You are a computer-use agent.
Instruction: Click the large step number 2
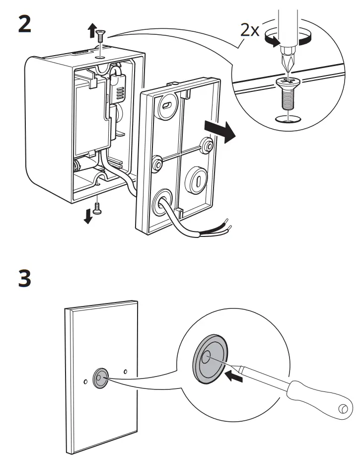(x=25, y=24)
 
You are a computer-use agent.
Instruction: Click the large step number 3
(x=25, y=278)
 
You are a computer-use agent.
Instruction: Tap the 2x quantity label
(x=250, y=30)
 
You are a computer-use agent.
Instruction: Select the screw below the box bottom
(x=97, y=209)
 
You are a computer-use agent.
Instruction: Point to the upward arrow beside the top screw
(x=92, y=31)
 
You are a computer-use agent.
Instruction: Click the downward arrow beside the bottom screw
(x=88, y=216)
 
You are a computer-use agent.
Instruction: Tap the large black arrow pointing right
(x=220, y=132)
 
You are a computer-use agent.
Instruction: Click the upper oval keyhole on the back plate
(x=167, y=106)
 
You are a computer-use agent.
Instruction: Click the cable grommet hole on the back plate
(x=162, y=203)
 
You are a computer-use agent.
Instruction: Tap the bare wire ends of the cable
(x=228, y=225)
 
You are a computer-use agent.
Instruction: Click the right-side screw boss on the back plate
(x=207, y=145)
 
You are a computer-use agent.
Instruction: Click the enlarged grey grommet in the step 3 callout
(x=210, y=359)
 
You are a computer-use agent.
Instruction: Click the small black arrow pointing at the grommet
(x=234, y=377)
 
